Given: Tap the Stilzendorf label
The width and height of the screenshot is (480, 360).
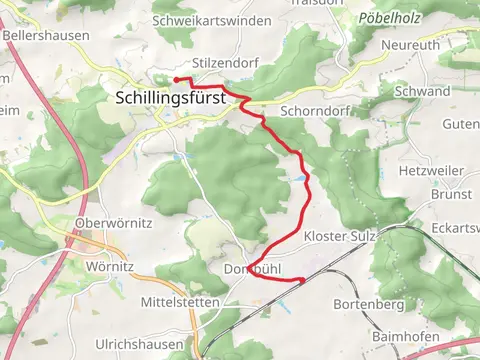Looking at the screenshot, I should click(x=198, y=62).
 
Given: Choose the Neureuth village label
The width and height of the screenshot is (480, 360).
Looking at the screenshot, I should click(x=411, y=46).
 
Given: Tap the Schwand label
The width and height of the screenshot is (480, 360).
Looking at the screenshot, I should click(x=422, y=91).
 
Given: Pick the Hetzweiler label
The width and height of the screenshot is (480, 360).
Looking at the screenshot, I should click(x=433, y=172).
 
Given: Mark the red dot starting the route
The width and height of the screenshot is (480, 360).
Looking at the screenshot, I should click(x=176, y=78).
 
